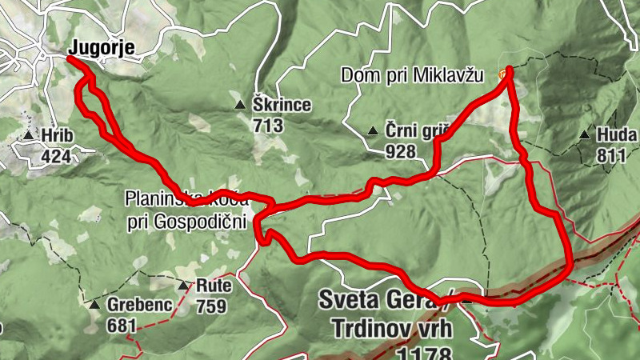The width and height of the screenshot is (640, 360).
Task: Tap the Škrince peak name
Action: [x=282, y=106]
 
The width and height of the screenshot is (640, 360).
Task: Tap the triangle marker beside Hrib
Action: [x=29, y=136]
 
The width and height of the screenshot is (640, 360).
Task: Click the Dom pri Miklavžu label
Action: [x=414, y=76]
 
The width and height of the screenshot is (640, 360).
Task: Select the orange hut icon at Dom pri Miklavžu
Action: [x=502, y=74]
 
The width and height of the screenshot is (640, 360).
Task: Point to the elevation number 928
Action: [x=400, y=152]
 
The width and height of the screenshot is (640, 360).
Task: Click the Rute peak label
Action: [x=212, y=286]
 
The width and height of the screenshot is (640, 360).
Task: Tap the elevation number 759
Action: [x=212, y=306]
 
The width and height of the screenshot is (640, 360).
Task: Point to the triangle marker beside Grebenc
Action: [x=94, y=306]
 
